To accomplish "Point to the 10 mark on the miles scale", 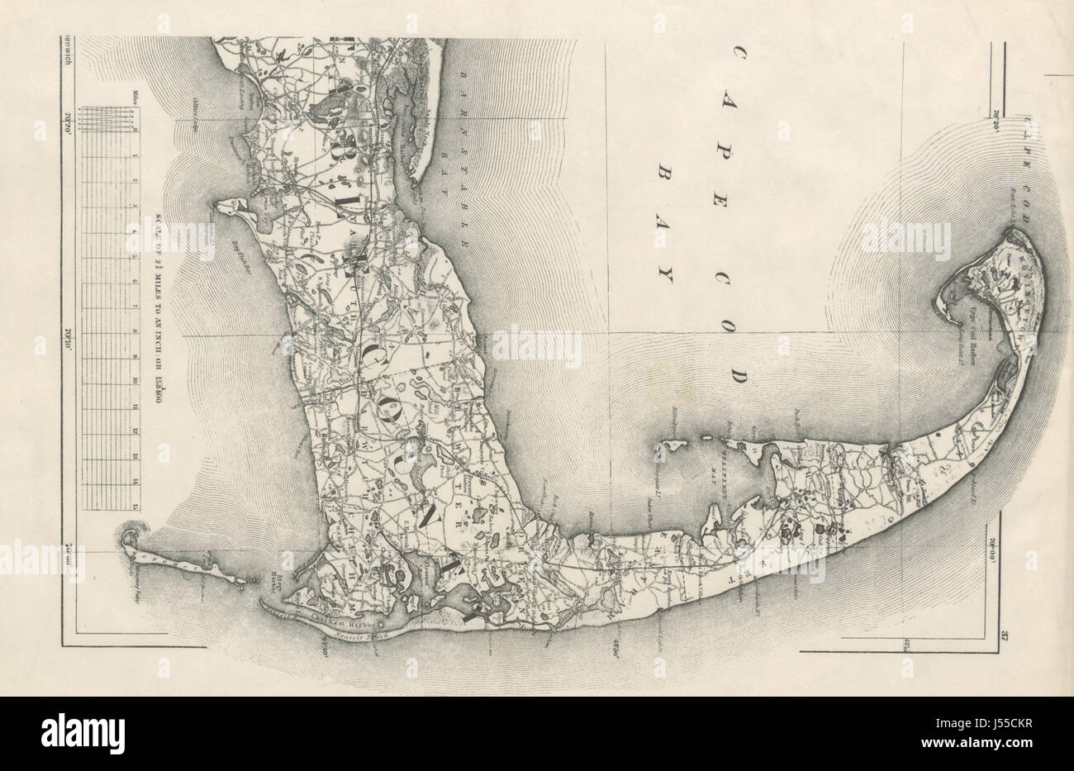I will click(134, 381).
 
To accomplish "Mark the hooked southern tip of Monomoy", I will click(126, 539).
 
